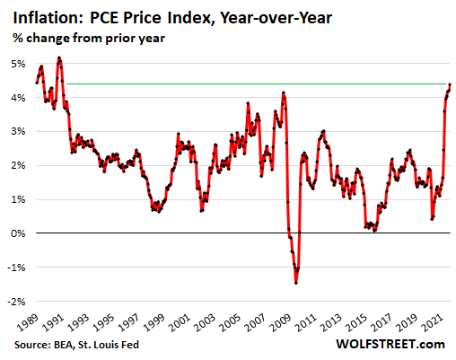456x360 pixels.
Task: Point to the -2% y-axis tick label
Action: pos(19,301)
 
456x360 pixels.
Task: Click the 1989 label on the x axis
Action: pos(38,320)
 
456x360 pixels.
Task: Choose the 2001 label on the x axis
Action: pos(180,320)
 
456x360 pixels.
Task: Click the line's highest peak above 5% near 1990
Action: pos(59,58)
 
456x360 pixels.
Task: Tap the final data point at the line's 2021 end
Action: pos(450,84)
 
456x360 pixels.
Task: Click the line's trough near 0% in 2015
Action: pos(374,230)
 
